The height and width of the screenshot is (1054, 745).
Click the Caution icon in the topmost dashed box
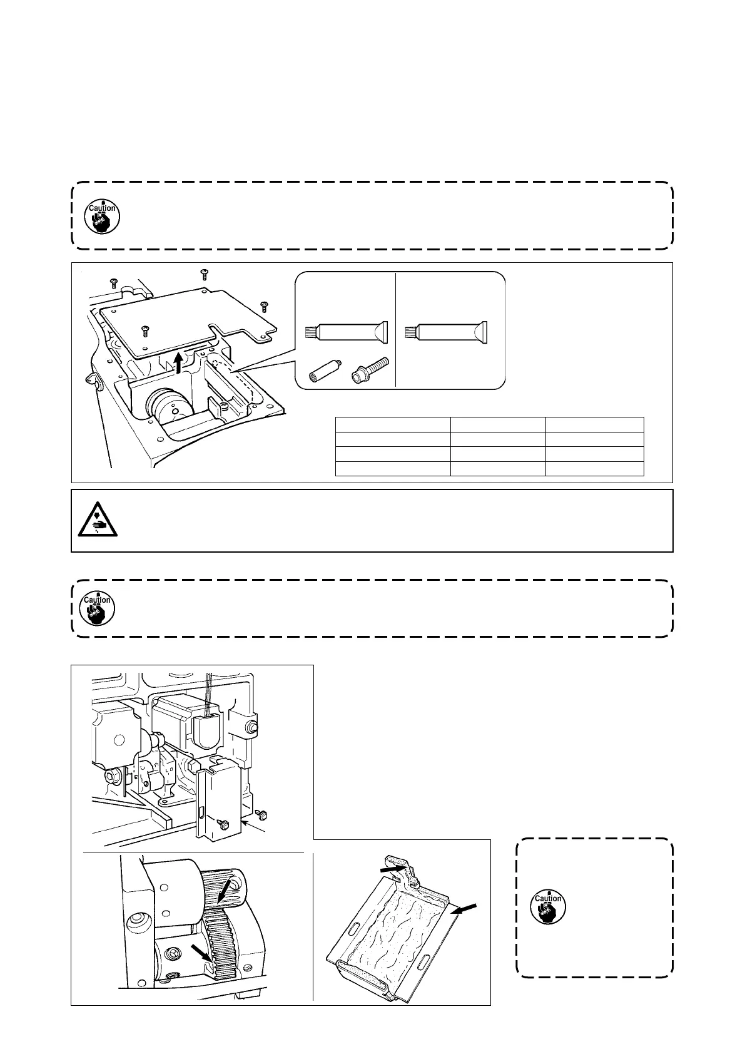tap(102, 215)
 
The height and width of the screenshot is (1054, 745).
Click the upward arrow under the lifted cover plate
tap(180, 361)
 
